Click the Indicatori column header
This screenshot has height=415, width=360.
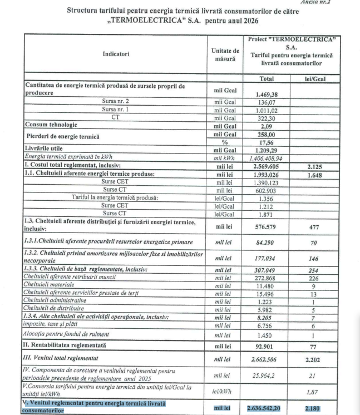tap(115, 54)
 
